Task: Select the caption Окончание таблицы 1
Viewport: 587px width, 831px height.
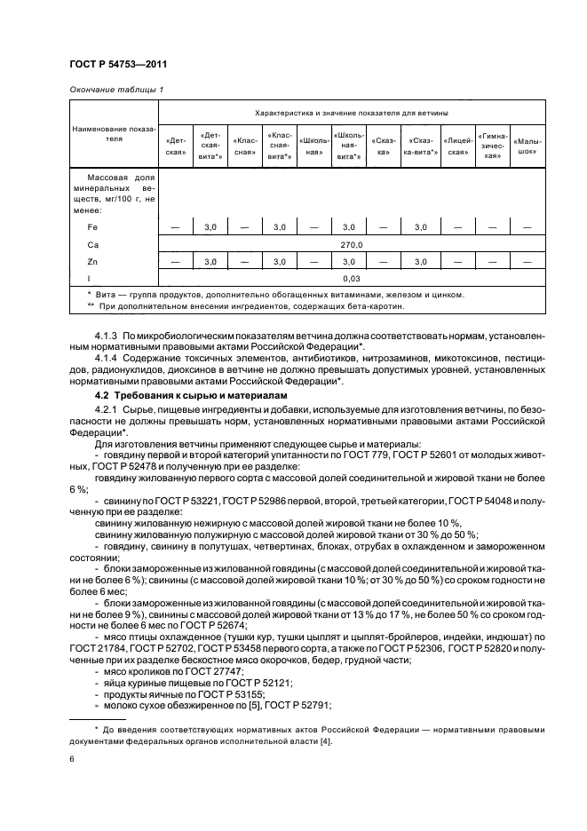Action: (x=115, y=90)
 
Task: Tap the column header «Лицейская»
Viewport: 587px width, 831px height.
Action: (x=457, y=146)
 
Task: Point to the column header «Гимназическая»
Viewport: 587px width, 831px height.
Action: (x=494, y=146)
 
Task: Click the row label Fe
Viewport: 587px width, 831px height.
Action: (x=91, y=228)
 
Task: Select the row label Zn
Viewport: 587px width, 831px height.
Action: (x=91, y=262)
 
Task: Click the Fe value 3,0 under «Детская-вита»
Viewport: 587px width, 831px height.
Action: (x=210, y=228)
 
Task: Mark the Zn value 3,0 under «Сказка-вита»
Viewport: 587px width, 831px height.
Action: (x=420, y=262)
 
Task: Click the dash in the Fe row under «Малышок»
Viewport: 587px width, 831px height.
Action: (x=528, y=228)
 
